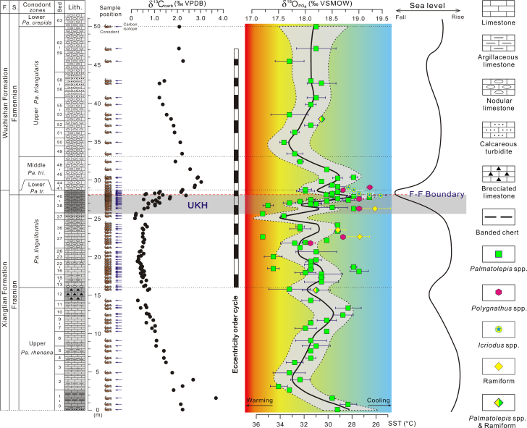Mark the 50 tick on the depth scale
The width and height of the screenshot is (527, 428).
pyautogui.click(x=97, y=26)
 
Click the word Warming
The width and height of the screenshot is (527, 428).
pyautogui.click(x=260, y=400)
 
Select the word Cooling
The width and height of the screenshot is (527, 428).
pyautogui.click(x=378, y=400)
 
